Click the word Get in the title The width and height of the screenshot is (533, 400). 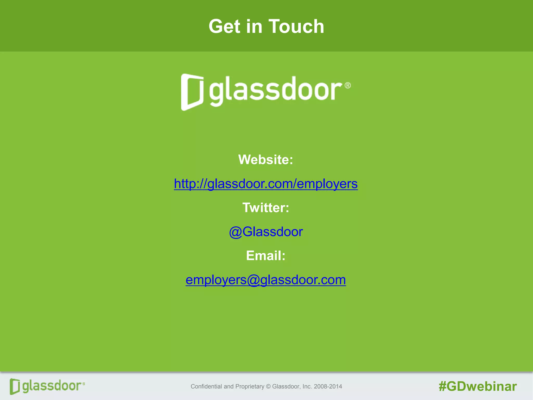[224, 27]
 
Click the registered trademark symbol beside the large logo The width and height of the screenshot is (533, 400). [348, 85]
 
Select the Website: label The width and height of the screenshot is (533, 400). [266, 159]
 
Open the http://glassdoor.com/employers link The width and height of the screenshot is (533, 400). [266, 184]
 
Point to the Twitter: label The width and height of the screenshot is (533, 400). [266, 208]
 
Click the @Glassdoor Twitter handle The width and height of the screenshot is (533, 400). [266, 232]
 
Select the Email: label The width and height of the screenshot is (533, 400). [266, 255]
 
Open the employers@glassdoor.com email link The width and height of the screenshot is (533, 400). [266, 280]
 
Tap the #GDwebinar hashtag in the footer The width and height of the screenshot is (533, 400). [478, 386]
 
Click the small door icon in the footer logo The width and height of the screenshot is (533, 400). [15, 386]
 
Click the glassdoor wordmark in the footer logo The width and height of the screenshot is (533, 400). [52, 386]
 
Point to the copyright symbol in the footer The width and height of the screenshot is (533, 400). [268, 386]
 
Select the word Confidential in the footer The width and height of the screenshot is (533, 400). [204, 386]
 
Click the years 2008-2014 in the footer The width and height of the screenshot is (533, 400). [328, 386]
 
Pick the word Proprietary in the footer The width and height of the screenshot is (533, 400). [250, 386]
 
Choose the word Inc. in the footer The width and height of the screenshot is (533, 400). [307, 386]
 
